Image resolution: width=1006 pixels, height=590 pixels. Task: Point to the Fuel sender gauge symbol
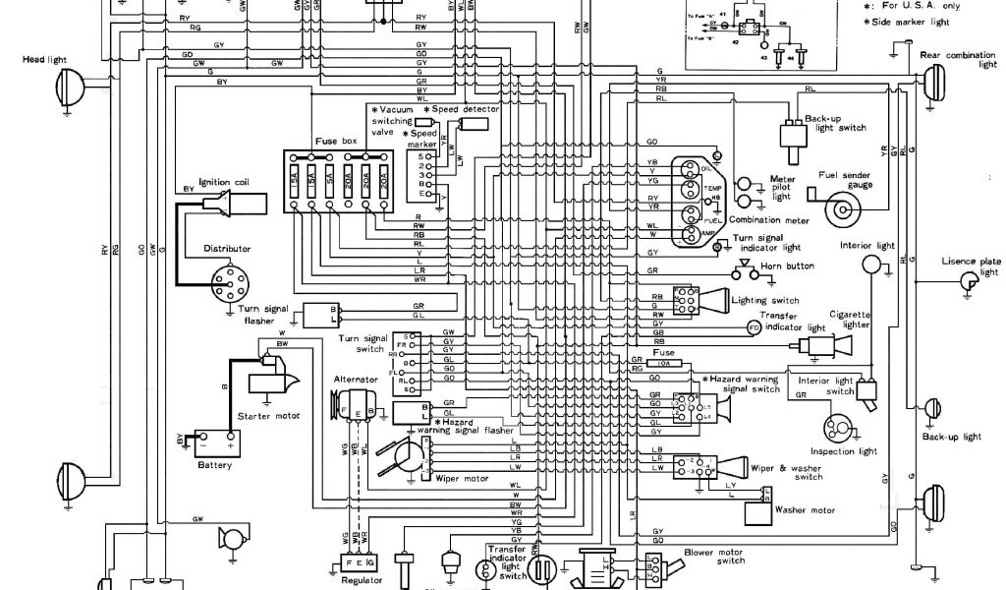(841, 207)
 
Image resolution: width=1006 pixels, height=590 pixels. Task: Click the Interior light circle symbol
(870, 265)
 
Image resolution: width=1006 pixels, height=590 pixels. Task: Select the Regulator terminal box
(360, 562)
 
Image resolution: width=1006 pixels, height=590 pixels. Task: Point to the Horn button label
(788, 265)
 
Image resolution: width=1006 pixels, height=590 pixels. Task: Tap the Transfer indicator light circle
(754, 326)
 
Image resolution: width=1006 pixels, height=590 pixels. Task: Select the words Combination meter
(761, 220)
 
